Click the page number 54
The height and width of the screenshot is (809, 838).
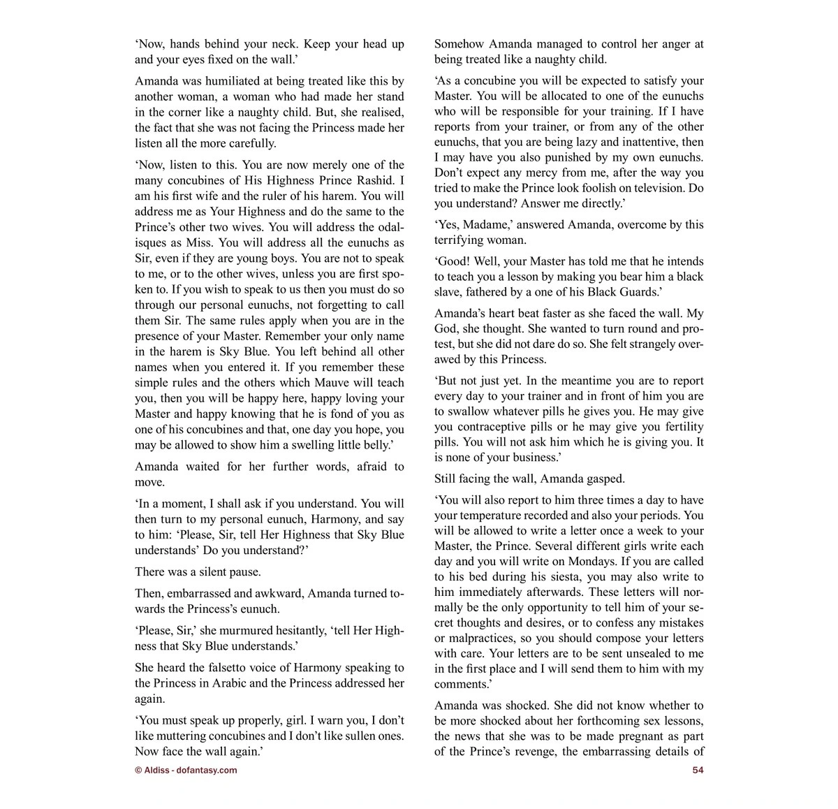tap(698, 770)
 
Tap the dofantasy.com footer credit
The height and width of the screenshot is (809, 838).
tap(186, 770)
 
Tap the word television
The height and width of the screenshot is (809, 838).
tap(647, 188)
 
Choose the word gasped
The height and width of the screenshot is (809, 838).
tap(601, 479)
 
